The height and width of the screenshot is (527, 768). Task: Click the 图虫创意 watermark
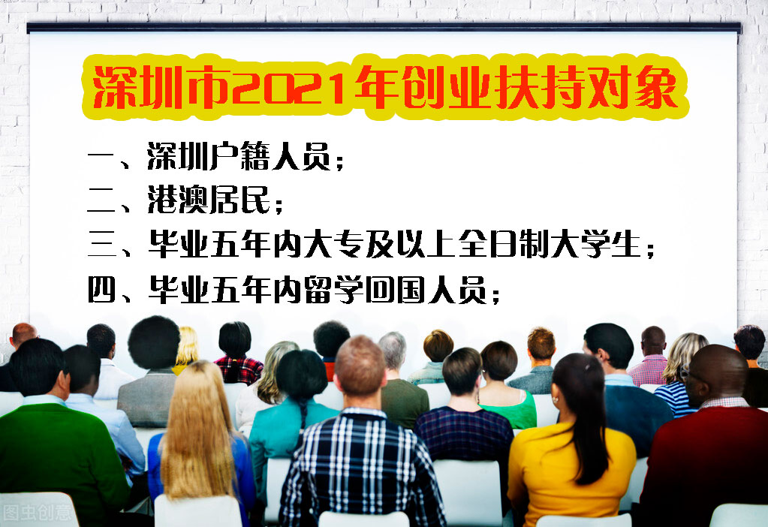coord(38,513)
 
